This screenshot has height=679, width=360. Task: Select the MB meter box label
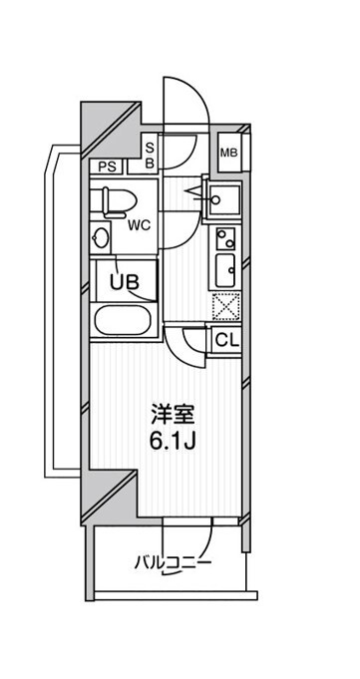(x=228, y=154)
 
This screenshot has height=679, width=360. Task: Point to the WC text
(x=139, y=225)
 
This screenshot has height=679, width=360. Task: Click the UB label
(x=123, y=281)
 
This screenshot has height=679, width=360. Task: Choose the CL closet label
(x=227, y=339)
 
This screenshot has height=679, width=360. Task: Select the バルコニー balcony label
(x=173, y=563)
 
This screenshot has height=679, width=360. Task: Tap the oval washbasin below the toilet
(x=101, y=239)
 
